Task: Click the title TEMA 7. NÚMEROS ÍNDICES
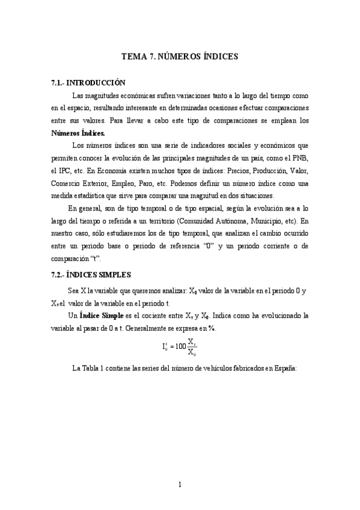pyautogui.click(x=180, y=57)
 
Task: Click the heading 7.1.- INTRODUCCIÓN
pyautogui.click(x=88, y=83)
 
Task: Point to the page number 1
pyautogui.click(x=180, y=485)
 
